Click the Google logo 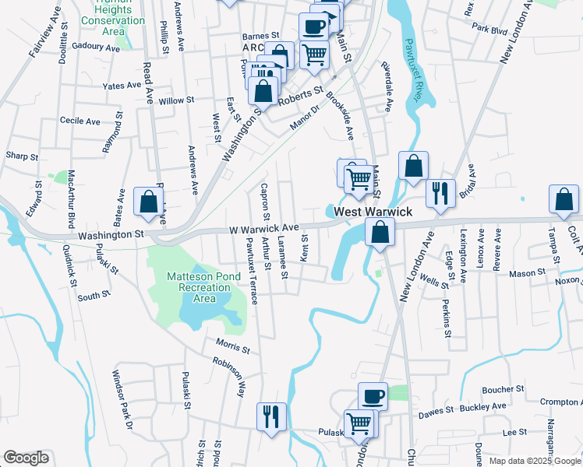(x=26, y=458)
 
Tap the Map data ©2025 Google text (x=534, y=461)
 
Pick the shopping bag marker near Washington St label (x=147, y=202)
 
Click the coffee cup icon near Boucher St (x=373, y=396)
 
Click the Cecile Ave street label (x=80, y=121)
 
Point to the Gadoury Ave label (x=95, y=47)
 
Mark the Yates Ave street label (x=123, y=86)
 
